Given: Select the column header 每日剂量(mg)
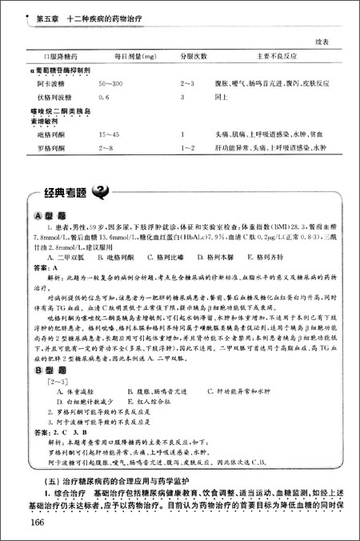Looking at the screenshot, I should (x=122, y=57).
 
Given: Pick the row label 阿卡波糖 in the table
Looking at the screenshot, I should (x=50, y=83).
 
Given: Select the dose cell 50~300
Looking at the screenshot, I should (x=111, y=83).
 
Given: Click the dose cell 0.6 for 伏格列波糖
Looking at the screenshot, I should (x=104, y=95).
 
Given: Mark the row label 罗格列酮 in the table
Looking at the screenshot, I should (x=50, y=148).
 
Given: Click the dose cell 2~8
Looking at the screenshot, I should (x=106, y=148).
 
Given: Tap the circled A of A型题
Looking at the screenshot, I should (x=40, y=217).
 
